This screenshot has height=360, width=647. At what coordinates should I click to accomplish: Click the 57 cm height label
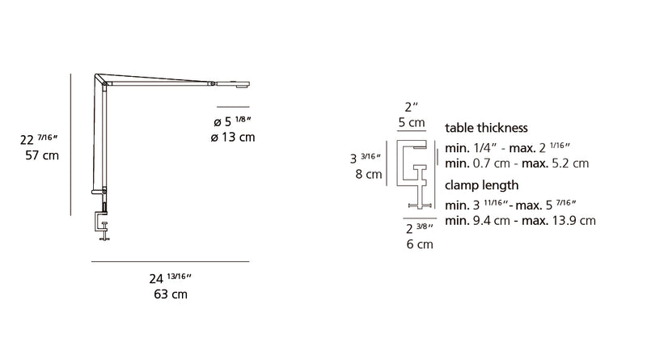(x=42, y=155)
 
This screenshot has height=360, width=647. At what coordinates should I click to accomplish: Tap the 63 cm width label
(x=171, y=294)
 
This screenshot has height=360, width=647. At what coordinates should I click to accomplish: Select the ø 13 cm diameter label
(x=233, y=137)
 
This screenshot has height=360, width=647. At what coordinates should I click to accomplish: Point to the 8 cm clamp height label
(x=369, y=174)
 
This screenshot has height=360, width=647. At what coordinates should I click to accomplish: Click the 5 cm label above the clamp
(x=412, y=123)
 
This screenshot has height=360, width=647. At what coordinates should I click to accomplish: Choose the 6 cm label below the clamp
(x=420, y=244)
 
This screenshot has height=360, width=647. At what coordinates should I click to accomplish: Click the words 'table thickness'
(x=486, y=128)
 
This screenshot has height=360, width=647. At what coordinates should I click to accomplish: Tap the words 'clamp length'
(x=481, y=185)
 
